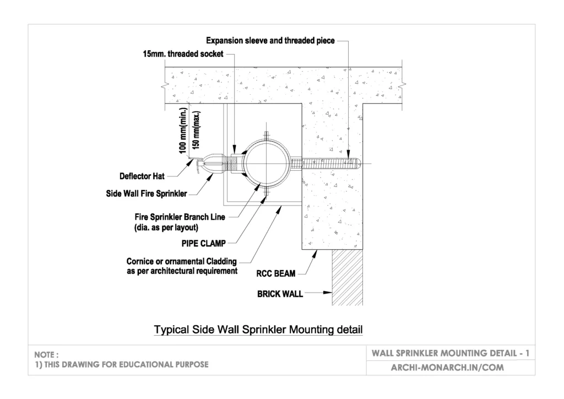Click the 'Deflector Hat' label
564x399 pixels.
(x=142, y=176)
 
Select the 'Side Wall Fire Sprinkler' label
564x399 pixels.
(x=147, y=193)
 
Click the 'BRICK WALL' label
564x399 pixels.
(x=280, y=294)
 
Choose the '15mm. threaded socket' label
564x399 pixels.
(x=183, y=54)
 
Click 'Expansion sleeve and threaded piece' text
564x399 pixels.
(x=270, y=41)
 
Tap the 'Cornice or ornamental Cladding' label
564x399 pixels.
(x=182, y=262)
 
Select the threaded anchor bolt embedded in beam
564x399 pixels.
(x=328, y=163)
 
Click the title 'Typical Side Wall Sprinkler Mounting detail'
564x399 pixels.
(x=258, y=330)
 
